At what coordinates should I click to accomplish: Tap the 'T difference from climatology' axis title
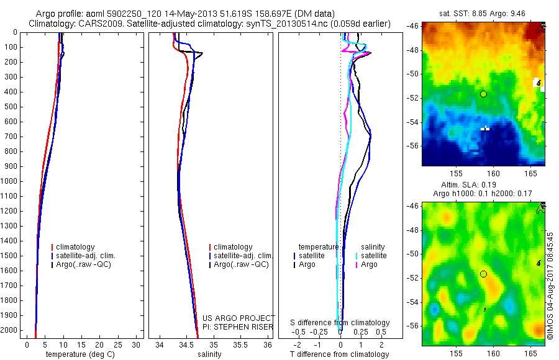pyautogui.click(x=339, y=354)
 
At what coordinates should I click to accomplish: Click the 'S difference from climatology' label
pyautogui.click(x=340, y=323)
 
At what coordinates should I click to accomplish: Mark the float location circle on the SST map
pyautogui.click(x=483, y=94)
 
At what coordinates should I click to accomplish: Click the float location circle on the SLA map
pyautogui.click(x=483, y=274)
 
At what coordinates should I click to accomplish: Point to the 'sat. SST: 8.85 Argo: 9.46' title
pyautogui.click(x=483, y=14)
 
